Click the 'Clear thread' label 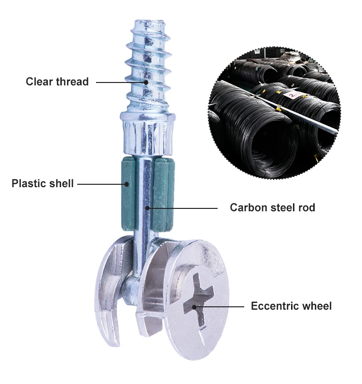click(x=57, y=82)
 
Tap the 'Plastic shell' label click(x=42, y=183)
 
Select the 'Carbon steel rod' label click(x=272, y=208)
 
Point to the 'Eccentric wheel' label click(x=291, y=306)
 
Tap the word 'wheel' click(x=317, y=306)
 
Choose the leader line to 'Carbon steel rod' click(x=183, y=208)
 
